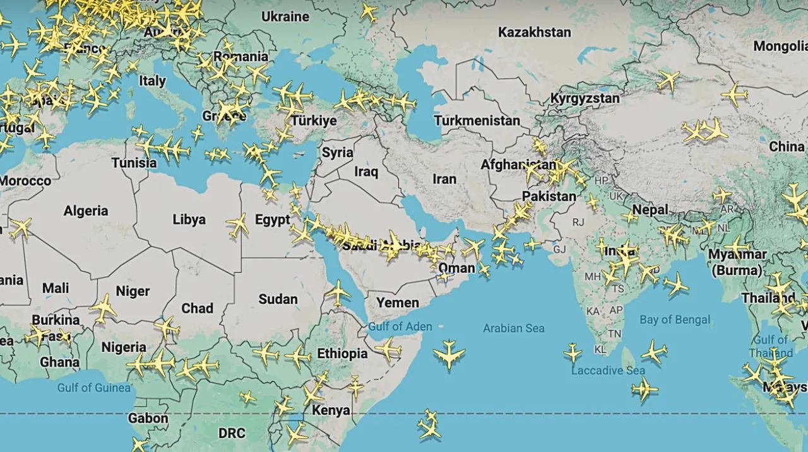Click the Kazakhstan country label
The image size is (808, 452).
[534, 32]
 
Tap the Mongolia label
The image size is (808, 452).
[780, 46]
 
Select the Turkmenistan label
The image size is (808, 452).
[477, 120]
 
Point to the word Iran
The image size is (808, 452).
[444, 179]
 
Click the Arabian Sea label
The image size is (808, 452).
[513, 328]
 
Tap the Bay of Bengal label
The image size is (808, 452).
[675, 320]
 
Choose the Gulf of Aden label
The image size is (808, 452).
[400, 327]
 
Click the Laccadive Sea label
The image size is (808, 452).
[608, 371]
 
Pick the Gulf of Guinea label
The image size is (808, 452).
[94, 387]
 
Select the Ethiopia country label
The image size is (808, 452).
[342, 354]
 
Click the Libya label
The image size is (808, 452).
[189, 219]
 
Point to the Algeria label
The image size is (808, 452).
[86, 211]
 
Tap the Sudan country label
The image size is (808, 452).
[278, 299]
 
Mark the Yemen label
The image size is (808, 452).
[398, 303]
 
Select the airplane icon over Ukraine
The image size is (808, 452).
[368, 11]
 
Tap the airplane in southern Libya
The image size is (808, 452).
[237, 224]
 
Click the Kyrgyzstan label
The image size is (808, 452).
[585, 99]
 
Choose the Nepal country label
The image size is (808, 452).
[650, 210]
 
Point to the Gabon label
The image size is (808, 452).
[148, 418]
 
